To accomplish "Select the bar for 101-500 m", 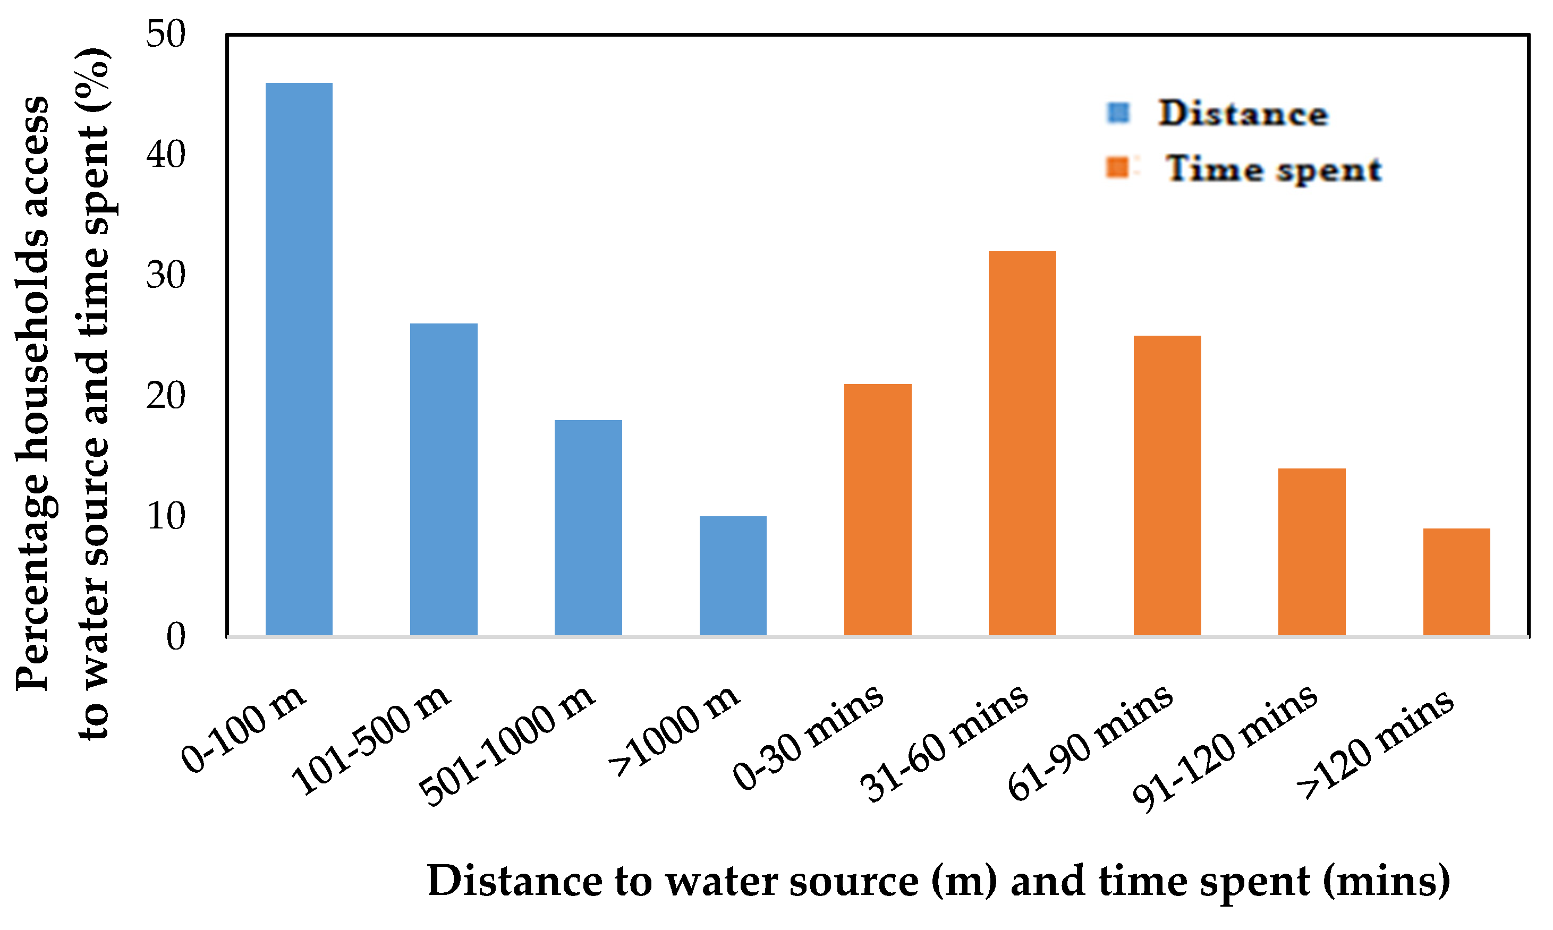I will [444, 480].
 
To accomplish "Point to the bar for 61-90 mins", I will [1167, 485].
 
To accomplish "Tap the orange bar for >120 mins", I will [1456, 582].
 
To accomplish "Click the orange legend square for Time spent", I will [1117, 168].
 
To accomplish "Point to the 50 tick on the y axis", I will [166, 35].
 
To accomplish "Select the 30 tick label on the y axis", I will [166, 276].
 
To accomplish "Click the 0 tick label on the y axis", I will [176, 637].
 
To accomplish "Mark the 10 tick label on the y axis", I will [166, 517].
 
